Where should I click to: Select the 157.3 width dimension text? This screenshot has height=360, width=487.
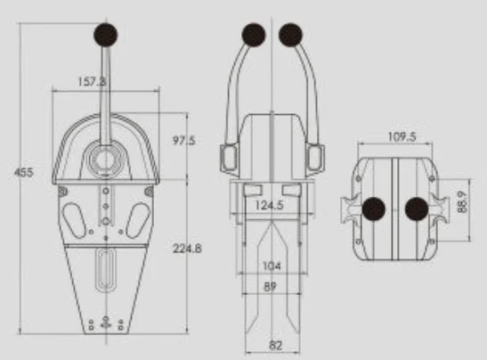[92, 81]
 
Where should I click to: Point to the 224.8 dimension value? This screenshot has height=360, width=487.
[187, 248]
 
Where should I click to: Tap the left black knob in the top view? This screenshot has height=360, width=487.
[373, 209]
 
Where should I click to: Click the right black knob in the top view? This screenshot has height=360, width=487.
[418, 209]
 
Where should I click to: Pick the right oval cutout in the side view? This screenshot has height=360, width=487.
[137, 219]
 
